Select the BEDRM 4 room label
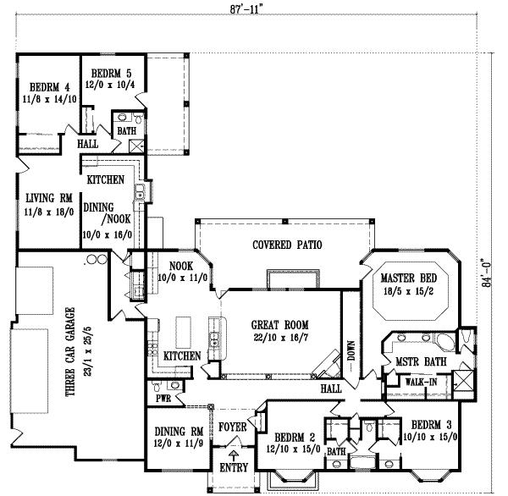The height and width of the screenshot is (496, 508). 48,86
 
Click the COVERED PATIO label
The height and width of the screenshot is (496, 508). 287,245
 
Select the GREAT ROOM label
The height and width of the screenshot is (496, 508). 280,324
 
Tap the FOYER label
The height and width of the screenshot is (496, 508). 233,427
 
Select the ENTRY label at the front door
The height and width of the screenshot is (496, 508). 234,467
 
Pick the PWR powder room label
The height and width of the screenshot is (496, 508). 163,399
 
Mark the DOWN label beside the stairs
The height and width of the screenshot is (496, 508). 352,351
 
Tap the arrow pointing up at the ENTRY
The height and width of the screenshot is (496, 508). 234,455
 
